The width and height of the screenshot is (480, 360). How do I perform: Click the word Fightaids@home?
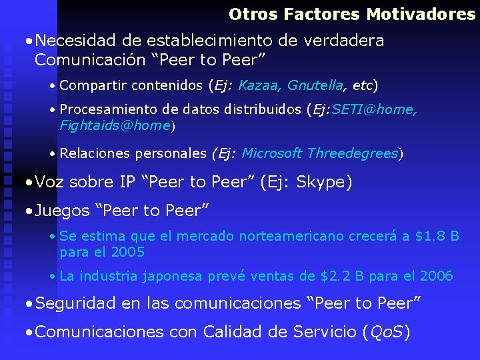click(x=115, y=125)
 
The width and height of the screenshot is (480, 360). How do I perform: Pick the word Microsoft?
click(x=272, y=154)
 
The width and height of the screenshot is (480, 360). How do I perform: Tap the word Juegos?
click(x=62, y=211)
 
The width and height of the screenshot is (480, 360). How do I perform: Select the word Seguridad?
click(x=76, y=304)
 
